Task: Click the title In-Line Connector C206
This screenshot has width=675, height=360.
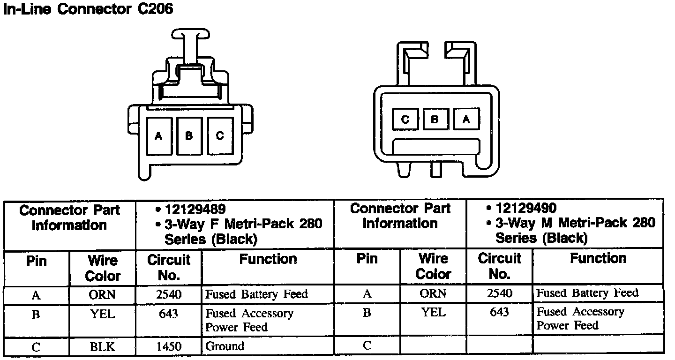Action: [88, 10]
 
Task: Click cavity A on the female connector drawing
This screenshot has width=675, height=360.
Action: [158, 136]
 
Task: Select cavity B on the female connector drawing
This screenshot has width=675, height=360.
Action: [189, 136]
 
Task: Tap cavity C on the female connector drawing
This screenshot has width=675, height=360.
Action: [220, 136]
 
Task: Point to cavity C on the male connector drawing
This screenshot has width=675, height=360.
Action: [405, 119]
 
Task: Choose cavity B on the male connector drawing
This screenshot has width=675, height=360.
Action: [435, 119]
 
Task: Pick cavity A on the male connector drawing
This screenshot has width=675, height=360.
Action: [466, 119]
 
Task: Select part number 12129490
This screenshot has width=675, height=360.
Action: [526, 208]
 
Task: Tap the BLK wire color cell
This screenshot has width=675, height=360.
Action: [102, 347]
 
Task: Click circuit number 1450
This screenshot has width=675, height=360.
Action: [168, 347]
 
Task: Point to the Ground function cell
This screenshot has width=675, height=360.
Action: [225, 347]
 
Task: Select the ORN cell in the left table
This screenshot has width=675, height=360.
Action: [102, 294]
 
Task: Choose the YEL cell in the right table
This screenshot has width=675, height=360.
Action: [434, 312]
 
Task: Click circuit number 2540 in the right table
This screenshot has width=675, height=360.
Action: [500, 293]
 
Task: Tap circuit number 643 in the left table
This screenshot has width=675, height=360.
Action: [168, 313]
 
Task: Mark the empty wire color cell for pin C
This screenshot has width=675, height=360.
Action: [434, 346]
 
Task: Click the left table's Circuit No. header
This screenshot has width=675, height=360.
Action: [169, 268]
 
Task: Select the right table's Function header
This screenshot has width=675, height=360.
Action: [599, 258]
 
